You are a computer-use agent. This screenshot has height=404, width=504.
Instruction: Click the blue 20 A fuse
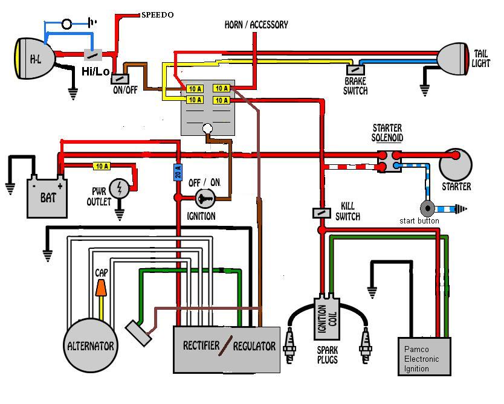[178, 173]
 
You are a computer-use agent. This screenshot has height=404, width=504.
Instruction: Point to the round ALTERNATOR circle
[91, 345]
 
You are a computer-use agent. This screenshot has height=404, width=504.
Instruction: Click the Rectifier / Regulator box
[227, 349]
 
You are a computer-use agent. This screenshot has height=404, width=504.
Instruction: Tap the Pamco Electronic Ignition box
[426, 358]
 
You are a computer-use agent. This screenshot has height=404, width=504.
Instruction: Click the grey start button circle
[428, 208]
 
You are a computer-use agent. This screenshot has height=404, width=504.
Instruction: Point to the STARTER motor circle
[455, 164]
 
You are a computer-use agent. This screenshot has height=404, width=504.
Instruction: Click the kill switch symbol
[321, 213]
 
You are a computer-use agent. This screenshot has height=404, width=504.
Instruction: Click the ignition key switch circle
[204, 198]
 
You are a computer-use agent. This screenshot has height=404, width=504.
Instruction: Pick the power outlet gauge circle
[120, 188]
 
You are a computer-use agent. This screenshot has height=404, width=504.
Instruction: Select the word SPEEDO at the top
[157, 14]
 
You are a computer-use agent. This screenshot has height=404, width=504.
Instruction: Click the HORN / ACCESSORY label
[256, 25]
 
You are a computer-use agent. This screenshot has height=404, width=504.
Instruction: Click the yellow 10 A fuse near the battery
[102, 165]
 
